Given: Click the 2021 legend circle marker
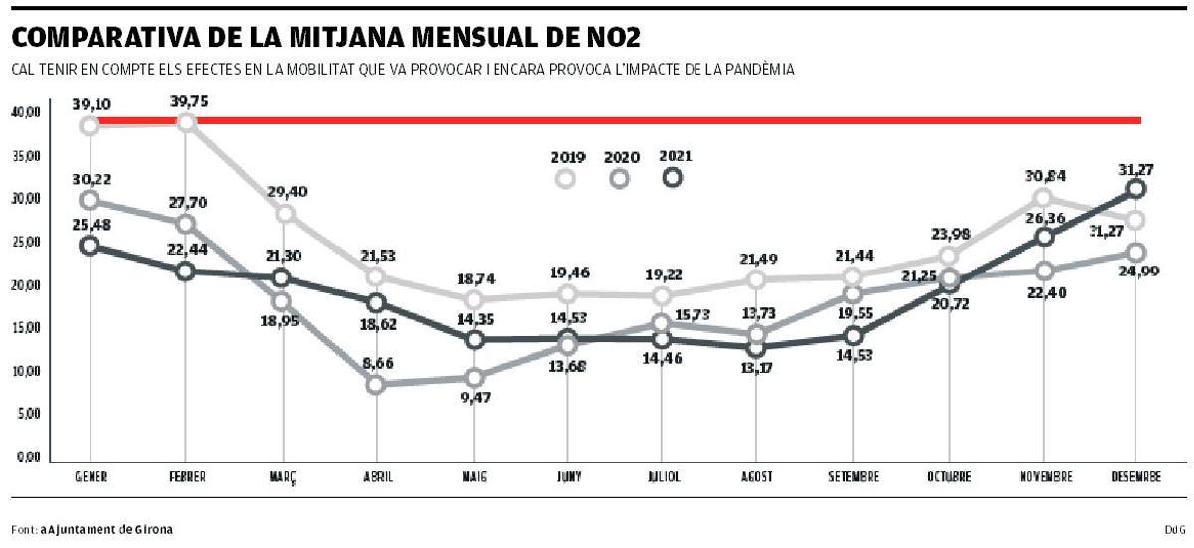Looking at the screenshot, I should click(673, 177).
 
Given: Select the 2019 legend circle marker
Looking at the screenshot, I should click(566, 178).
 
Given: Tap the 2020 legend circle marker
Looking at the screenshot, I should click(620, 178).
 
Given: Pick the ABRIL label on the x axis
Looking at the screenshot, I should click(376, 477).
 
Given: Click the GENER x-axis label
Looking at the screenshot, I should click(91, 477).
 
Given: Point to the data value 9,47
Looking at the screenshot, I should click(475, 397).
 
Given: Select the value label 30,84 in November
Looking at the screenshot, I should click(1045, 176).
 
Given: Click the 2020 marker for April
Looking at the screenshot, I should click(376, 384).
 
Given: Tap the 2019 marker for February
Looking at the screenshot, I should click(186, 122).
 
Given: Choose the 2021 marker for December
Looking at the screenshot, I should click(1137, 189).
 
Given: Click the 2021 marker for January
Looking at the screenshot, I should click(90, 246).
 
